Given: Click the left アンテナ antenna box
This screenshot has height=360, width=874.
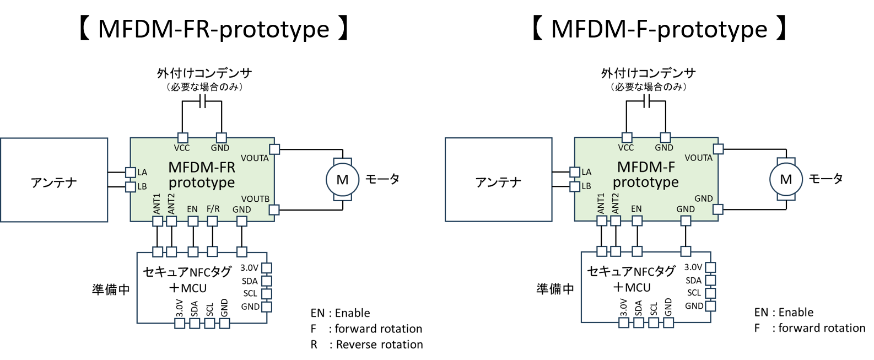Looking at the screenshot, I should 54,180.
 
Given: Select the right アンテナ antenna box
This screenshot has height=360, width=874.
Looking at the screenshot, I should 498,180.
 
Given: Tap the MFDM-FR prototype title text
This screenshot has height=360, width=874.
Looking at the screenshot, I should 202,175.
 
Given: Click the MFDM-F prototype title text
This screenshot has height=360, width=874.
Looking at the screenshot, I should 646,175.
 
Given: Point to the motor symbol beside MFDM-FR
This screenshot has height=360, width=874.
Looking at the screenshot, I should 342,180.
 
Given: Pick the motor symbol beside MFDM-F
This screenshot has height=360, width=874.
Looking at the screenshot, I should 786,180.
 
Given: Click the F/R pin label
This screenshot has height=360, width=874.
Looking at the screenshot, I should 213,209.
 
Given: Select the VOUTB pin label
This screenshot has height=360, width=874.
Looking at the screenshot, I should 255,198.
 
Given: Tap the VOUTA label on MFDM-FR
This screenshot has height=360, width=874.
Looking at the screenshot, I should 255,158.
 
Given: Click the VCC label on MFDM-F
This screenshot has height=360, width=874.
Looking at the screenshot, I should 626,148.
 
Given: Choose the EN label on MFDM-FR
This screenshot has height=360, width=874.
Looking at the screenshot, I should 192,209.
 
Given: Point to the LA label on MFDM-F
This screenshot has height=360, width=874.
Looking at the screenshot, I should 586,173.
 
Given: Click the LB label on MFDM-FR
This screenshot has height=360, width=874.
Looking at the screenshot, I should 142,186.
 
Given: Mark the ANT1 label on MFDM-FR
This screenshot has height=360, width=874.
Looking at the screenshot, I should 157,203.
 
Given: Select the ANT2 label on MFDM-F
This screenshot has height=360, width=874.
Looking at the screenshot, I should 616,203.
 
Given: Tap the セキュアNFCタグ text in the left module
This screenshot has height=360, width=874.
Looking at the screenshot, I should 187,271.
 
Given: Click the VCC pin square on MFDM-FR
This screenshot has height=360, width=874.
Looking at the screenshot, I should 182,138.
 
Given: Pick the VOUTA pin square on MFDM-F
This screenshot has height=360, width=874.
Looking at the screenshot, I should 718,149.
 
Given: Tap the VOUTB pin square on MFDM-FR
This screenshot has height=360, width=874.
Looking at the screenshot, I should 274,209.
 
